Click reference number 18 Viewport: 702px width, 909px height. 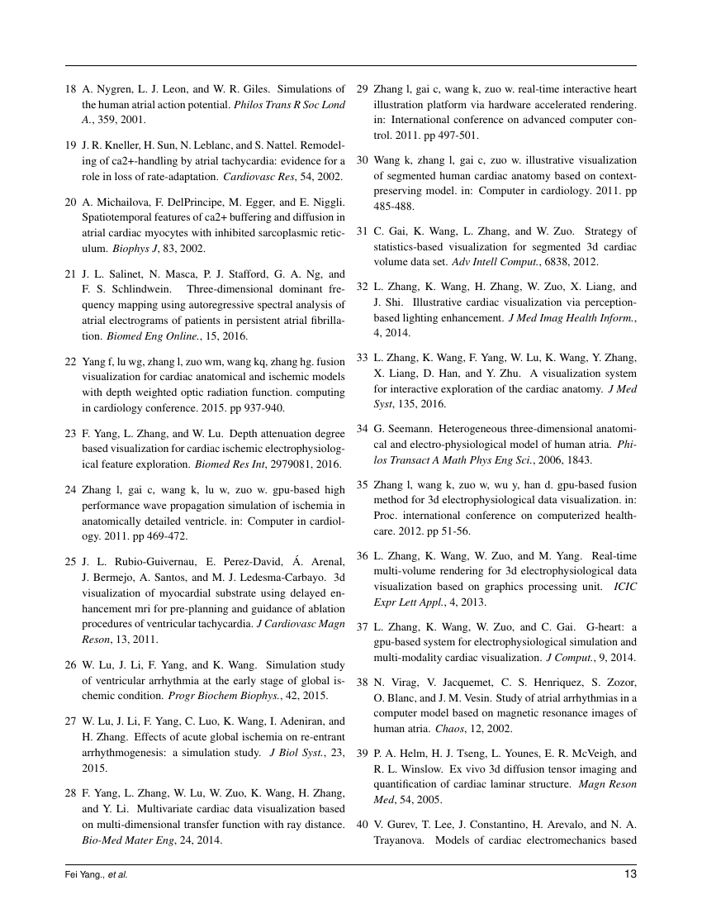(70, 88)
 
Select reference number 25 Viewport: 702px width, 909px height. (70, 562)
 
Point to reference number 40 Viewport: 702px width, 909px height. (362, 827)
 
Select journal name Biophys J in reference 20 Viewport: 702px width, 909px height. (102, 248)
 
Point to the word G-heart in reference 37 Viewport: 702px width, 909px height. (585, 627)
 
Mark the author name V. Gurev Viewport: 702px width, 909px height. (395, 827)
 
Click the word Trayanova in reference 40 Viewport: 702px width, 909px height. (402, 842)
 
